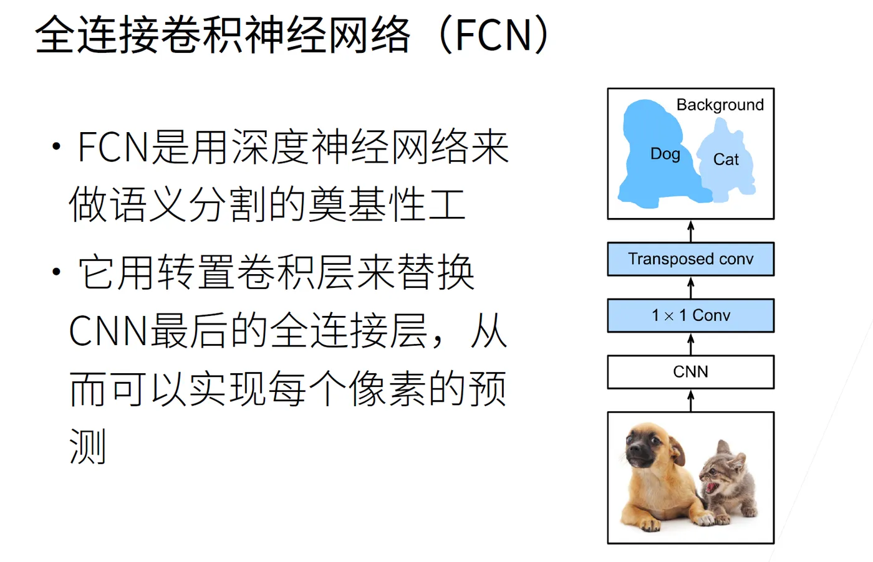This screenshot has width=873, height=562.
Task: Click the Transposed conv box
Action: tap(691, 259)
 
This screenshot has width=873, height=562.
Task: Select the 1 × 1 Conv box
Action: tap(691, 315)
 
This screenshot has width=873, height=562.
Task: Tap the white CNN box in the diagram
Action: tap(691, 372)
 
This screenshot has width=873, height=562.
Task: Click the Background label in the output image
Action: tap(720, 105)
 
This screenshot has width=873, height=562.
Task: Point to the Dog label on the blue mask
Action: tap(665, 154)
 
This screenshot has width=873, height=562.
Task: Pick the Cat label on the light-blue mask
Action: tap(726, 160)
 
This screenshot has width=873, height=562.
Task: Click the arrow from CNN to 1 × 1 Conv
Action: tap(691, 344)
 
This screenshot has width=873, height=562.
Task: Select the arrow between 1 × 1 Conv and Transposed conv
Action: tap(691, 287)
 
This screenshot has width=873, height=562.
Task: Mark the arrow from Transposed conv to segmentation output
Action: tap(691, 231)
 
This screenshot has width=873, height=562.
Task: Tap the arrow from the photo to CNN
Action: tap(691, 401)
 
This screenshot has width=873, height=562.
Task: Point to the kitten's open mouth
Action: tap(711, 487)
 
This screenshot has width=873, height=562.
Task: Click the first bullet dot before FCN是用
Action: tap(57, 146)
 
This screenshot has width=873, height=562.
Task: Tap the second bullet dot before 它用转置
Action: tap(57, 272)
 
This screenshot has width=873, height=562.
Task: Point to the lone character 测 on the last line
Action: tap(88, 446)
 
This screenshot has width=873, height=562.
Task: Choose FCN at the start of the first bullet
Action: tap(113, 147)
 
